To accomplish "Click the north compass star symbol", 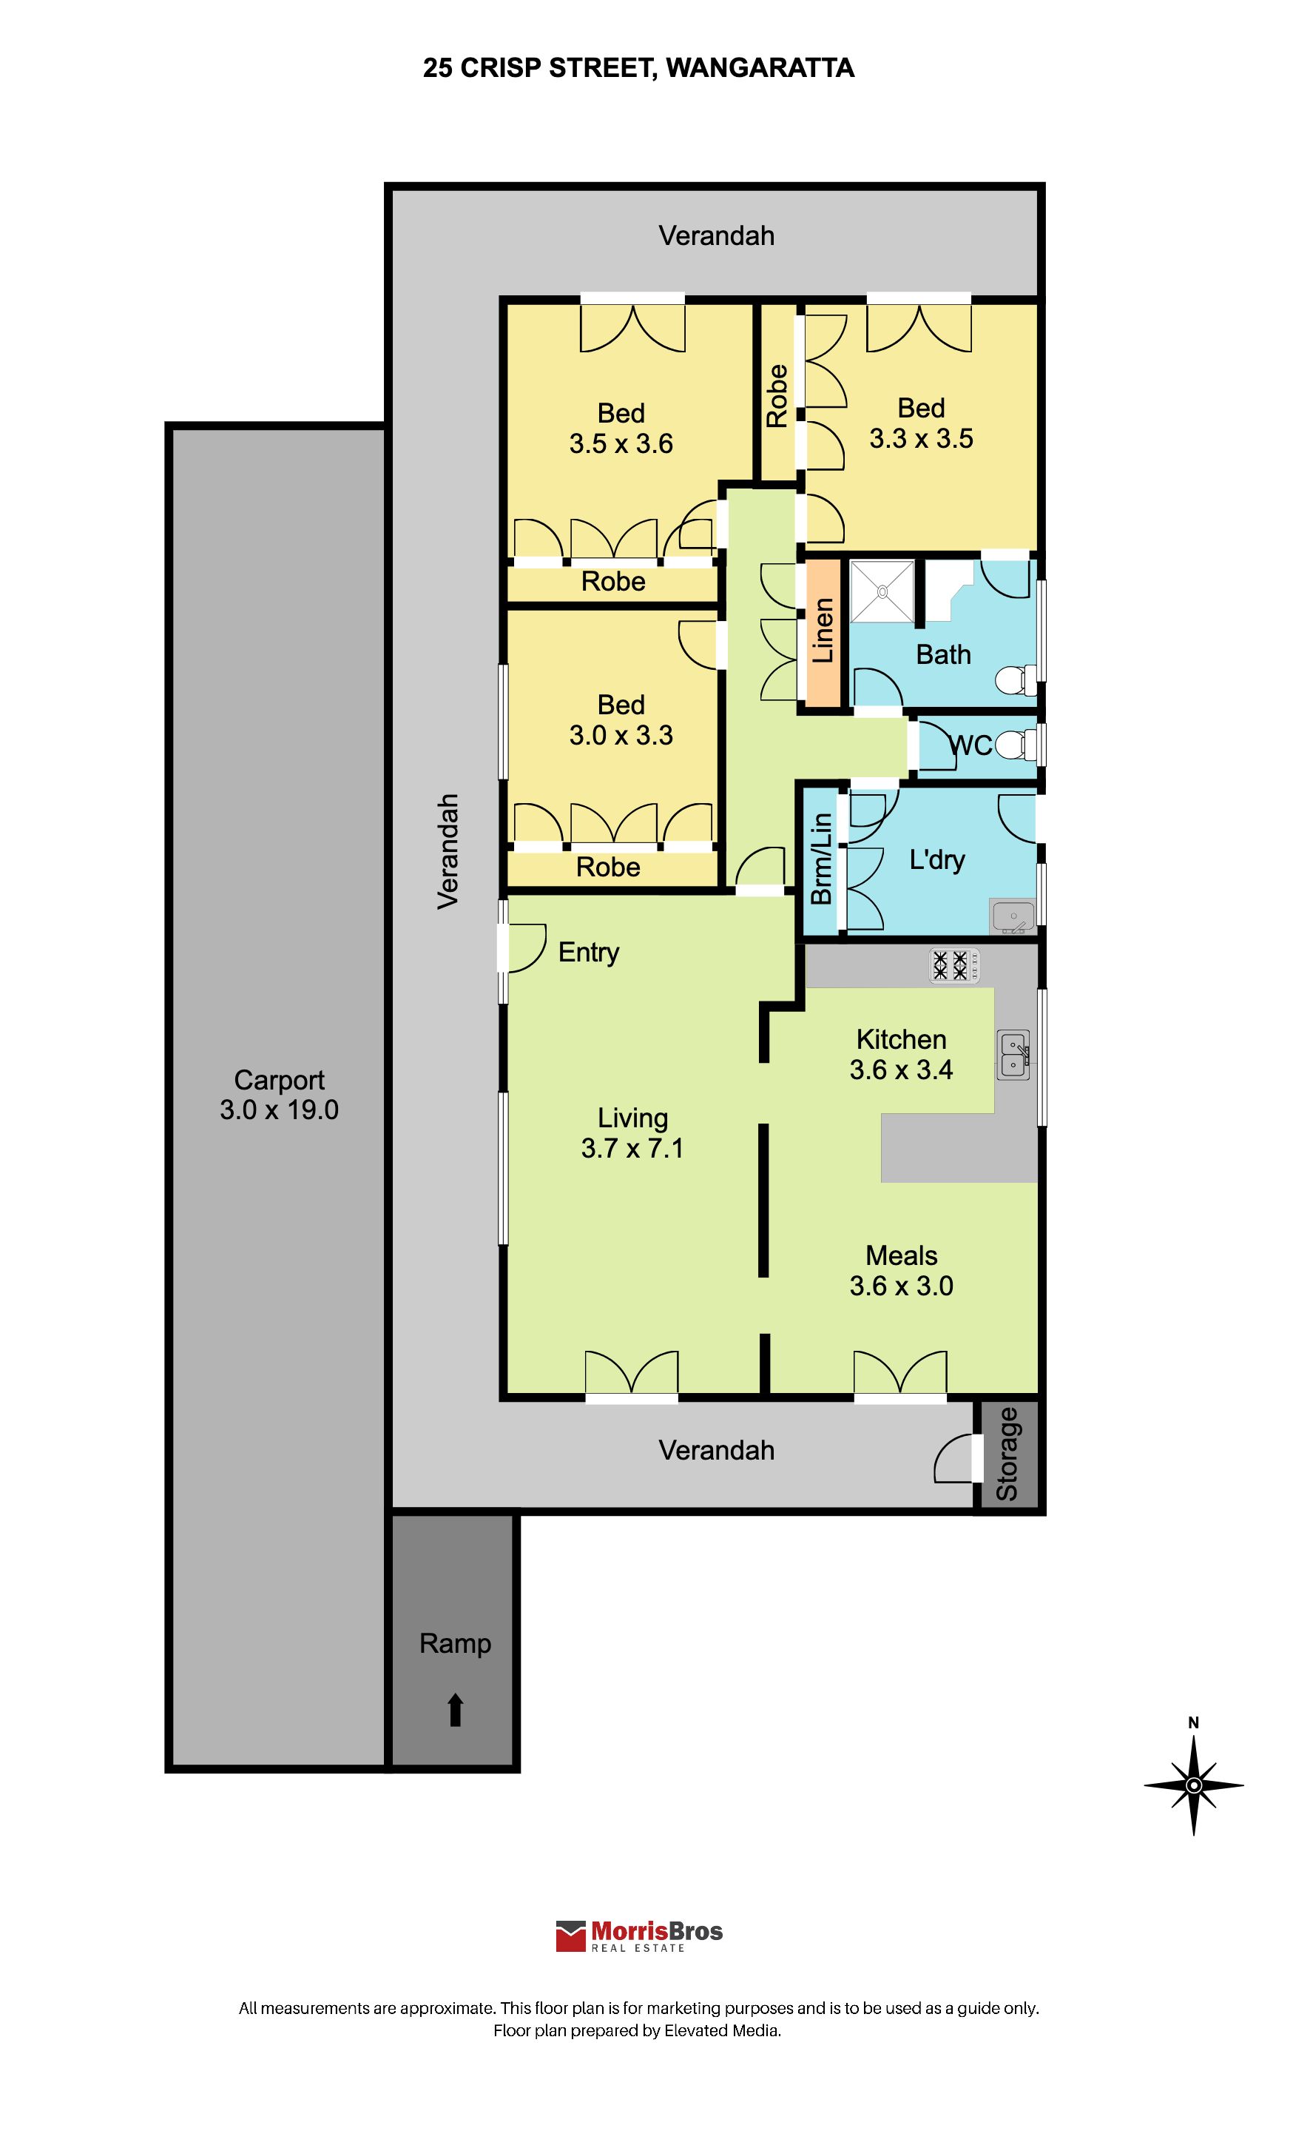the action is (1194, 1785).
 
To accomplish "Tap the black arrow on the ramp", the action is (455, 1710).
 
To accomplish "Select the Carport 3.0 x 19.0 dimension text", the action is (279, 1095).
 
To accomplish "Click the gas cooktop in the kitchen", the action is (955, 965).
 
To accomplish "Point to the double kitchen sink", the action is (1014, 1055).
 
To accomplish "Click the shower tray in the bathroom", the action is (882, 592).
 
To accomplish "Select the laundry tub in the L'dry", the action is (1013, 916).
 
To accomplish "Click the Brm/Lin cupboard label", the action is (821, 859).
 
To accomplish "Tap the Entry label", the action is (589, 953).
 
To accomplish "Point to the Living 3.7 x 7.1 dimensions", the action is (632, 1133).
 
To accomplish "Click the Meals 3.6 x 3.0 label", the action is (902, 1271).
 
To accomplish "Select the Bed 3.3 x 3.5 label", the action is (921, 423).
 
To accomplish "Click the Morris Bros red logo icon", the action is (571, 1936).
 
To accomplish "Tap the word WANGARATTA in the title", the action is (760, 68).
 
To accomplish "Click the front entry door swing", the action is (523, 947).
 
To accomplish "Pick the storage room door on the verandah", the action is (954, 1457).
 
